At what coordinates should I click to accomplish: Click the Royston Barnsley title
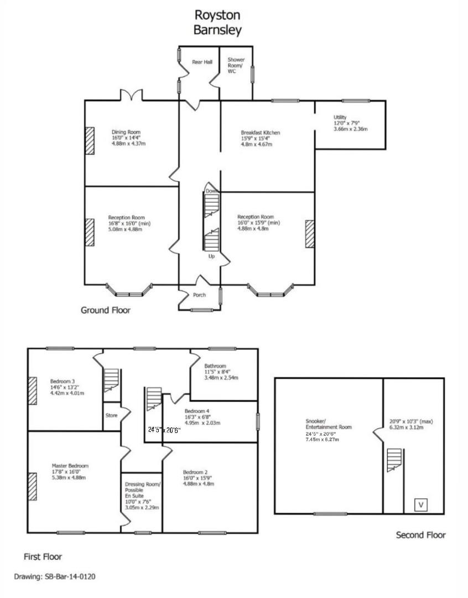[217, 22]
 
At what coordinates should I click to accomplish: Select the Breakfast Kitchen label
[260, 133]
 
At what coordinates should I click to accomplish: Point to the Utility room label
[340, 117]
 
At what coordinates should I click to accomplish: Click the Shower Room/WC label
[236, 66]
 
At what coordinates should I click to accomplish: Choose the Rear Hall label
[202, 62]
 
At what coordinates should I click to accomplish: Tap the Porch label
[199, 295]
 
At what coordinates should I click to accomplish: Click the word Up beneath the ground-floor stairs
[211, 257]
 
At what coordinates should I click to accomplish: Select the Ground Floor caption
[106, 310]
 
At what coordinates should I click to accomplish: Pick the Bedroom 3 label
[63, 382]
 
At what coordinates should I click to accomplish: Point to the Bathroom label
[215, 366]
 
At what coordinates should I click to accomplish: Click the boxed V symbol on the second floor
[421, 504]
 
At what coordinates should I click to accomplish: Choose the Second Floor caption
[420, 535]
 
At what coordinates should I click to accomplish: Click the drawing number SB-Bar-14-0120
[55, 576]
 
